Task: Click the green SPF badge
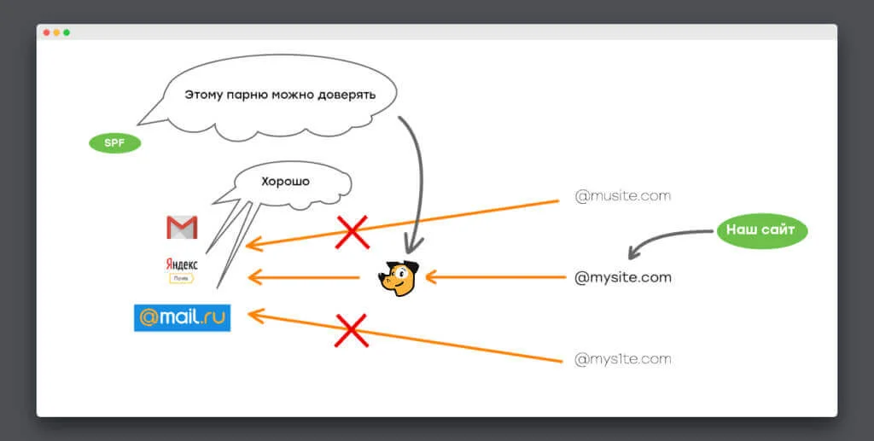pos(115,143)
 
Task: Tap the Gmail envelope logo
pos(182,227)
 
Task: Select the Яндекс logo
pos(182,270)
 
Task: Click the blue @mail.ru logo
pos(183,317)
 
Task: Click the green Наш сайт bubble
pos(761,229)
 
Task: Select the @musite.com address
pos(622,196)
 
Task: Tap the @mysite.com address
pos(622,277)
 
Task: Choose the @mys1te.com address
pos(622,359)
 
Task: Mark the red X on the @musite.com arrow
pos(353,232)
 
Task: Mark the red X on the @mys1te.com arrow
pos(351,330)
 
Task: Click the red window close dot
pos(47,32)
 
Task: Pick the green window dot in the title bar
pos(67,32)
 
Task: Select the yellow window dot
pos(57,32)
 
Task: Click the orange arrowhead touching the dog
pos(431,276)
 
